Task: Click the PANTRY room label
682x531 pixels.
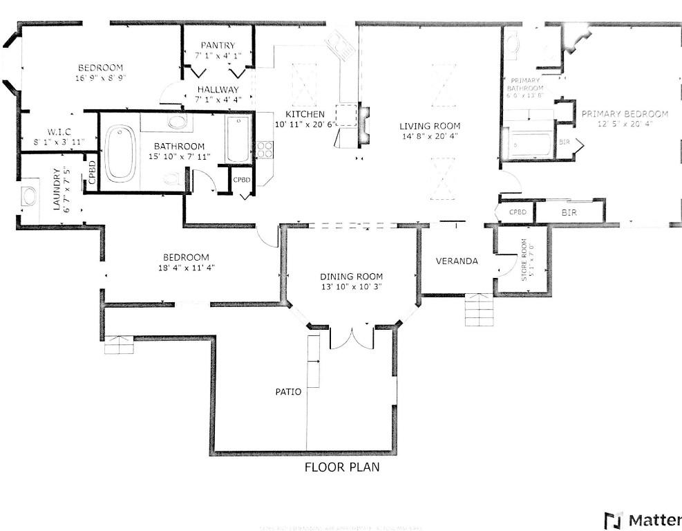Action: [x=218, y=46]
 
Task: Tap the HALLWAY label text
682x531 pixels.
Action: [x=218, y=90]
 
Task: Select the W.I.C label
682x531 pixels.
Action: [x=59, y=131]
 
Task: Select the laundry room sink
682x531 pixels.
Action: [x=30, y=196]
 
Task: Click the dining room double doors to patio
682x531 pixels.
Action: [x=352, y=337]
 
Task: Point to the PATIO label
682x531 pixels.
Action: [x=288, y=392]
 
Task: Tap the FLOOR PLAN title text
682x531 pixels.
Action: [x=342, y=467]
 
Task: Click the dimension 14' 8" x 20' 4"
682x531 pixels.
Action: [x=429, y=137]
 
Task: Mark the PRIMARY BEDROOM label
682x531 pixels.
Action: [x=624, y=114]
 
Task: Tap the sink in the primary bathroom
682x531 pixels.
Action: [x=514, y=44]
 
